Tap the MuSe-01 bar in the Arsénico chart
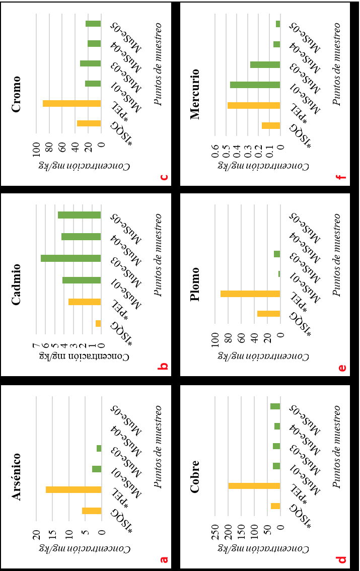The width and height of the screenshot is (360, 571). (97, 469)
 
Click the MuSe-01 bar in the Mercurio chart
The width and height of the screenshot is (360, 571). (255, 85)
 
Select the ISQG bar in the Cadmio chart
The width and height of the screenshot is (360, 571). (98, 323)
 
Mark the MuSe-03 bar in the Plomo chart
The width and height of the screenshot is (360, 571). (276, 254)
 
